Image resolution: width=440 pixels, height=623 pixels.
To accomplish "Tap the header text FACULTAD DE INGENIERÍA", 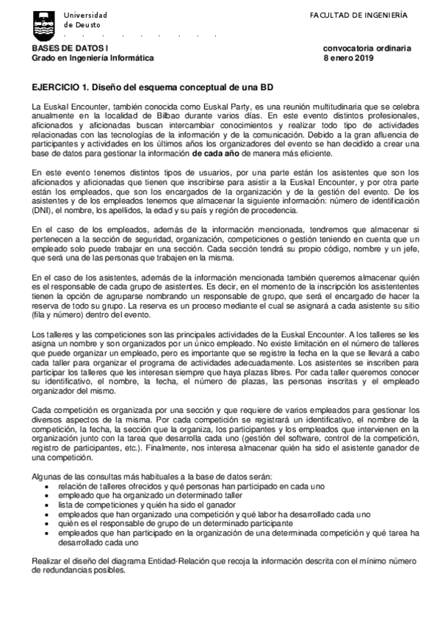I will [x=348, y=15].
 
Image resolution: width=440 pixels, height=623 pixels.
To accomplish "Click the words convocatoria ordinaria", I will [x=367, y=48].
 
